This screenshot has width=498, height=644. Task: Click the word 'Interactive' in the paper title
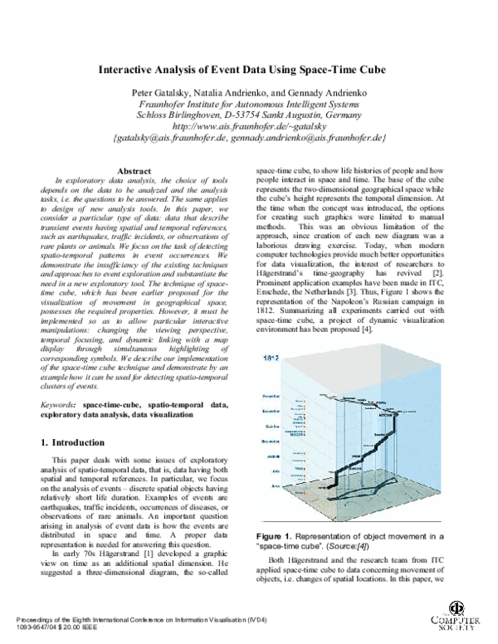click(x=134, y=71)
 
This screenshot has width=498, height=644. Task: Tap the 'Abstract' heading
click(x=134, y=170)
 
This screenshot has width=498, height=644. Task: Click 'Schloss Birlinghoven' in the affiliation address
click(x=184, y=115)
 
